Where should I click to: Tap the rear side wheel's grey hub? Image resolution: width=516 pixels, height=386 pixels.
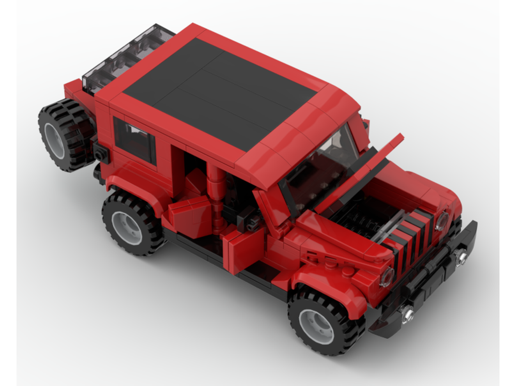point(126,227)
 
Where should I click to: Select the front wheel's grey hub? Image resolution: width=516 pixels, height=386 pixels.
point(316,326)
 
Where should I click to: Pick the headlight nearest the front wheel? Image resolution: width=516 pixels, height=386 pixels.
point(387,277)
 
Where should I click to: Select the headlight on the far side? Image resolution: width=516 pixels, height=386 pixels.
point(442,221)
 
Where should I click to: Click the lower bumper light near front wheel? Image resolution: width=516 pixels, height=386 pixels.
point(407,313)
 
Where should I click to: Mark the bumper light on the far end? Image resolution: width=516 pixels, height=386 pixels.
point(460,255)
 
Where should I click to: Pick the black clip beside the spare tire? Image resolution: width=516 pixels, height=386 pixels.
point(101,153)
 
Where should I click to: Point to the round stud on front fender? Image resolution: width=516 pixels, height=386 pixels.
point(348,270)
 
